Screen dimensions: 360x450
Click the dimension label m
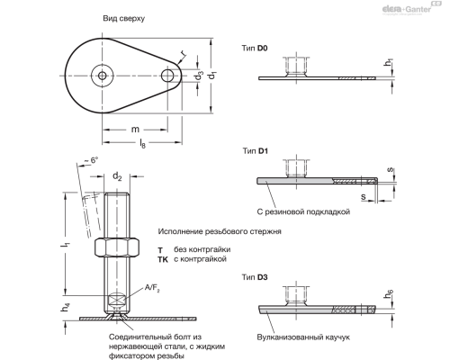135,130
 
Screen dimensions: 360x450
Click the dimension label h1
389,63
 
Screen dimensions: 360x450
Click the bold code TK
162,258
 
